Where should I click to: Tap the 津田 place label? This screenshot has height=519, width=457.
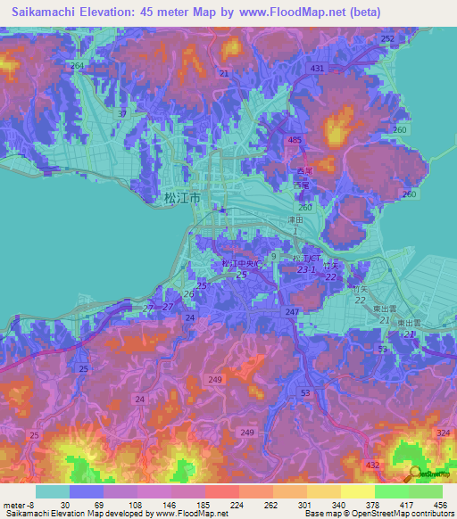pos(295,218)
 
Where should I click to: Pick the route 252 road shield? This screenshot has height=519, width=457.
pos(386,39)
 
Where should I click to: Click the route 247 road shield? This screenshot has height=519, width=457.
pos(292,312)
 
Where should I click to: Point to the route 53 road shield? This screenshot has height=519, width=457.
pos(305,391)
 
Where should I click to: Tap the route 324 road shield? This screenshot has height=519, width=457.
pos(445,432)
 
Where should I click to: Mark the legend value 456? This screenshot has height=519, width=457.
pos(440,504)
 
